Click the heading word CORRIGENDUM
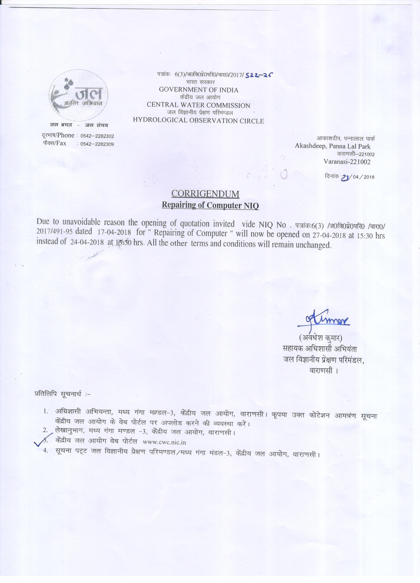[205, 194]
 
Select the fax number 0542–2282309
[97, 144]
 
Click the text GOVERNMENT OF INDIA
[199, 90]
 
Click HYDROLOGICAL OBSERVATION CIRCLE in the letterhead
[198, 121]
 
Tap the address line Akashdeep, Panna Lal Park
[332, 146]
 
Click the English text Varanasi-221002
[347, 162]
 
